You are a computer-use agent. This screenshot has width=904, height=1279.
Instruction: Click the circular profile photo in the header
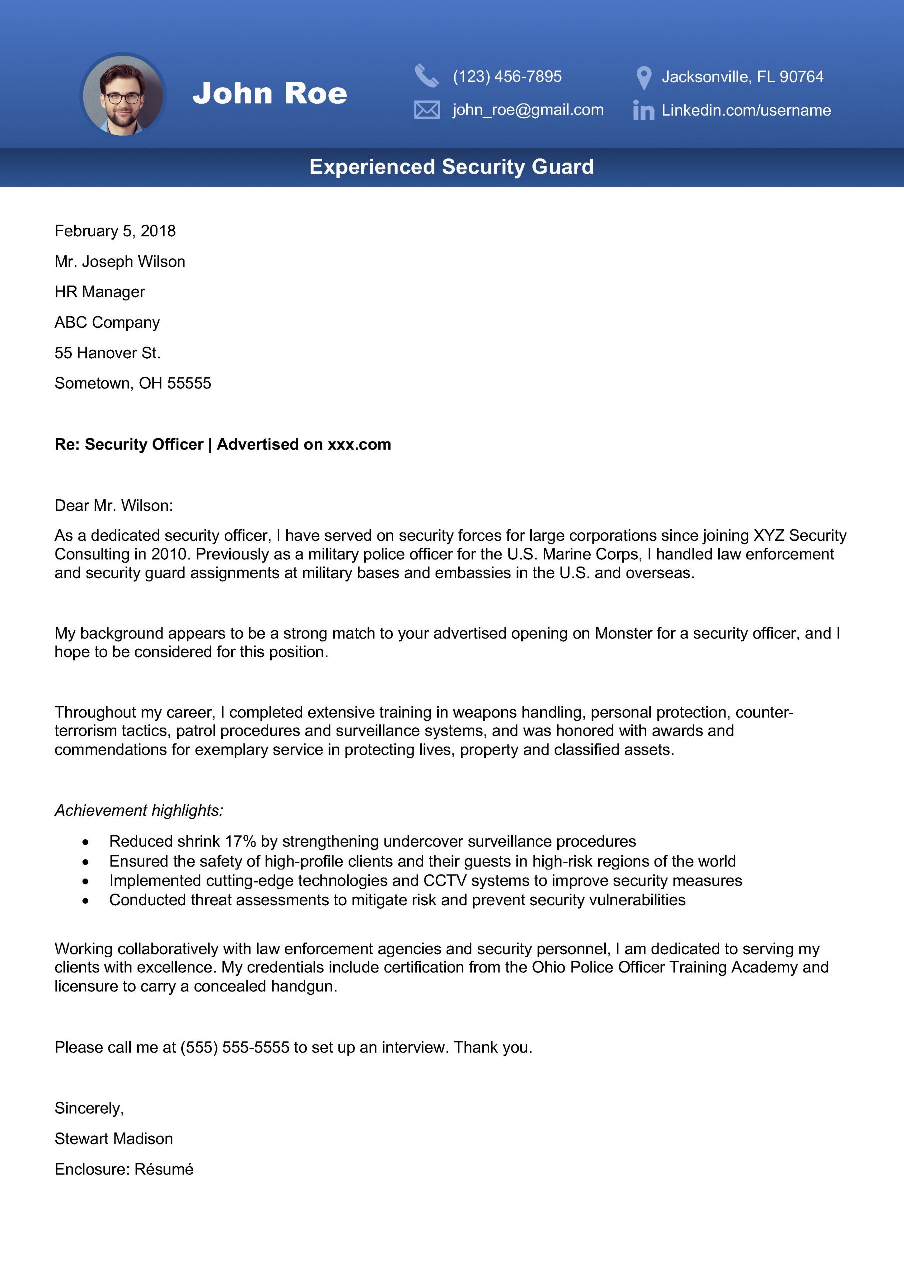pos(123,95)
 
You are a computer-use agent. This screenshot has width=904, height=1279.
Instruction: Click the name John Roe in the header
pos(270,93)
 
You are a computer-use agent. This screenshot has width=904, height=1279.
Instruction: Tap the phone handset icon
pos(426,76)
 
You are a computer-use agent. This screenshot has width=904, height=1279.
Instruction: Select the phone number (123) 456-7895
pos(507,77)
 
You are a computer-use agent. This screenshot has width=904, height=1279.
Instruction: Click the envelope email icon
pos(427,110)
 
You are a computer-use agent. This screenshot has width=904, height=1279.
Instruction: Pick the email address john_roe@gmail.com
pos(527,110)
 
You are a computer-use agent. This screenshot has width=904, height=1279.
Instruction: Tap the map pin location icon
pos(644,78)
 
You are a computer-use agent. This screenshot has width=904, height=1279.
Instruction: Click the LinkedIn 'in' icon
pos(643,110)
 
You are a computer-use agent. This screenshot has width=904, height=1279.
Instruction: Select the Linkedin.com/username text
pos(746,110)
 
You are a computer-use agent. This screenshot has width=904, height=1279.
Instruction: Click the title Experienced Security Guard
pos(451,167)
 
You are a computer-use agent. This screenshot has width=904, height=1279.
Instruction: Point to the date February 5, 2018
pos(115,231)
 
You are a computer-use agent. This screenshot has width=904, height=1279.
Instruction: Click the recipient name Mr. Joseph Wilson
pos(120,262)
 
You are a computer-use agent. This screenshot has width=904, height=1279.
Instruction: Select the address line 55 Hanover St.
pos(107,353)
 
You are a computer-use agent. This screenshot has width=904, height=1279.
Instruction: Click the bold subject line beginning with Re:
pos(223,445)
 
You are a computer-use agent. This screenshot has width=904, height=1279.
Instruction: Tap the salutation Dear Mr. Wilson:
pos(114,505)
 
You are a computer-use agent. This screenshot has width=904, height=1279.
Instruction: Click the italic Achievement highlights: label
pos(139,810)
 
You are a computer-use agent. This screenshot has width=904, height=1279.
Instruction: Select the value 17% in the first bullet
pos(240,841)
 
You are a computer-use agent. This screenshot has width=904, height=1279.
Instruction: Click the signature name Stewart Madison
pos(114,1139)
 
